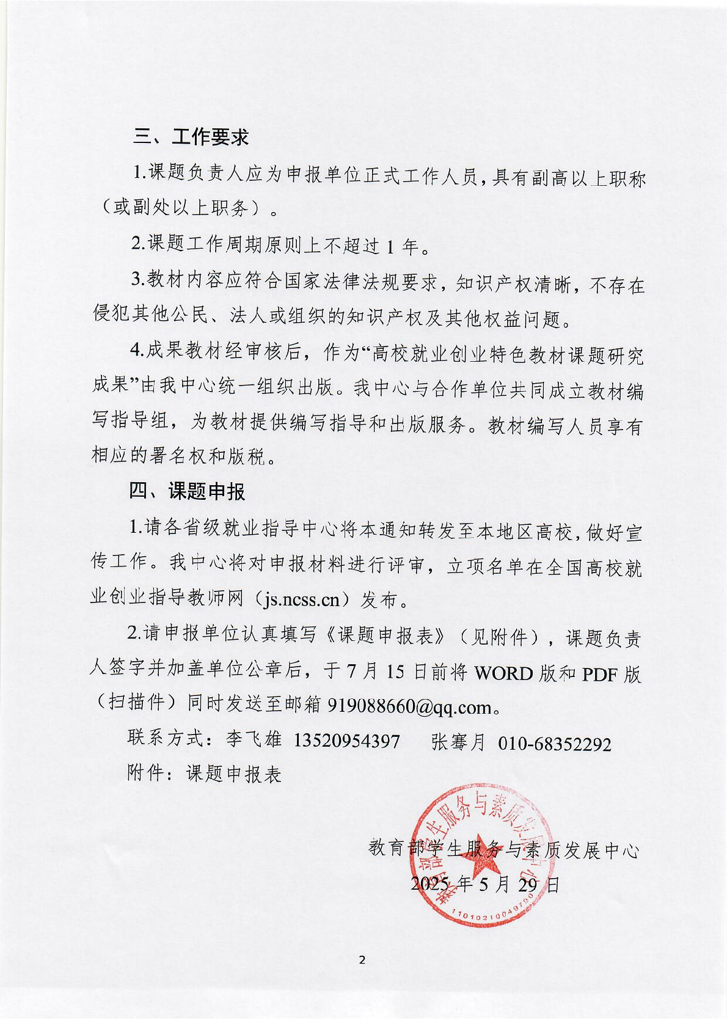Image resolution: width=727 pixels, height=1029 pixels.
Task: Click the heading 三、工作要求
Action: coord(191,137)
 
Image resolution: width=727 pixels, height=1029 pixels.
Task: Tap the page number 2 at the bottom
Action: coord(362,960)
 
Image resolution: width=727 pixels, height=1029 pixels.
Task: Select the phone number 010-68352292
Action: coord(554,743)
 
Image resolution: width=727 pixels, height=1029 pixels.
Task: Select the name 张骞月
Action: coord(458,742)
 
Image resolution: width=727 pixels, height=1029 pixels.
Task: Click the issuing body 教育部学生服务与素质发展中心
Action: coord(503,849)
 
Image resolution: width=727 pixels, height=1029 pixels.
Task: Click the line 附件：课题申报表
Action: coord(204,774)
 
